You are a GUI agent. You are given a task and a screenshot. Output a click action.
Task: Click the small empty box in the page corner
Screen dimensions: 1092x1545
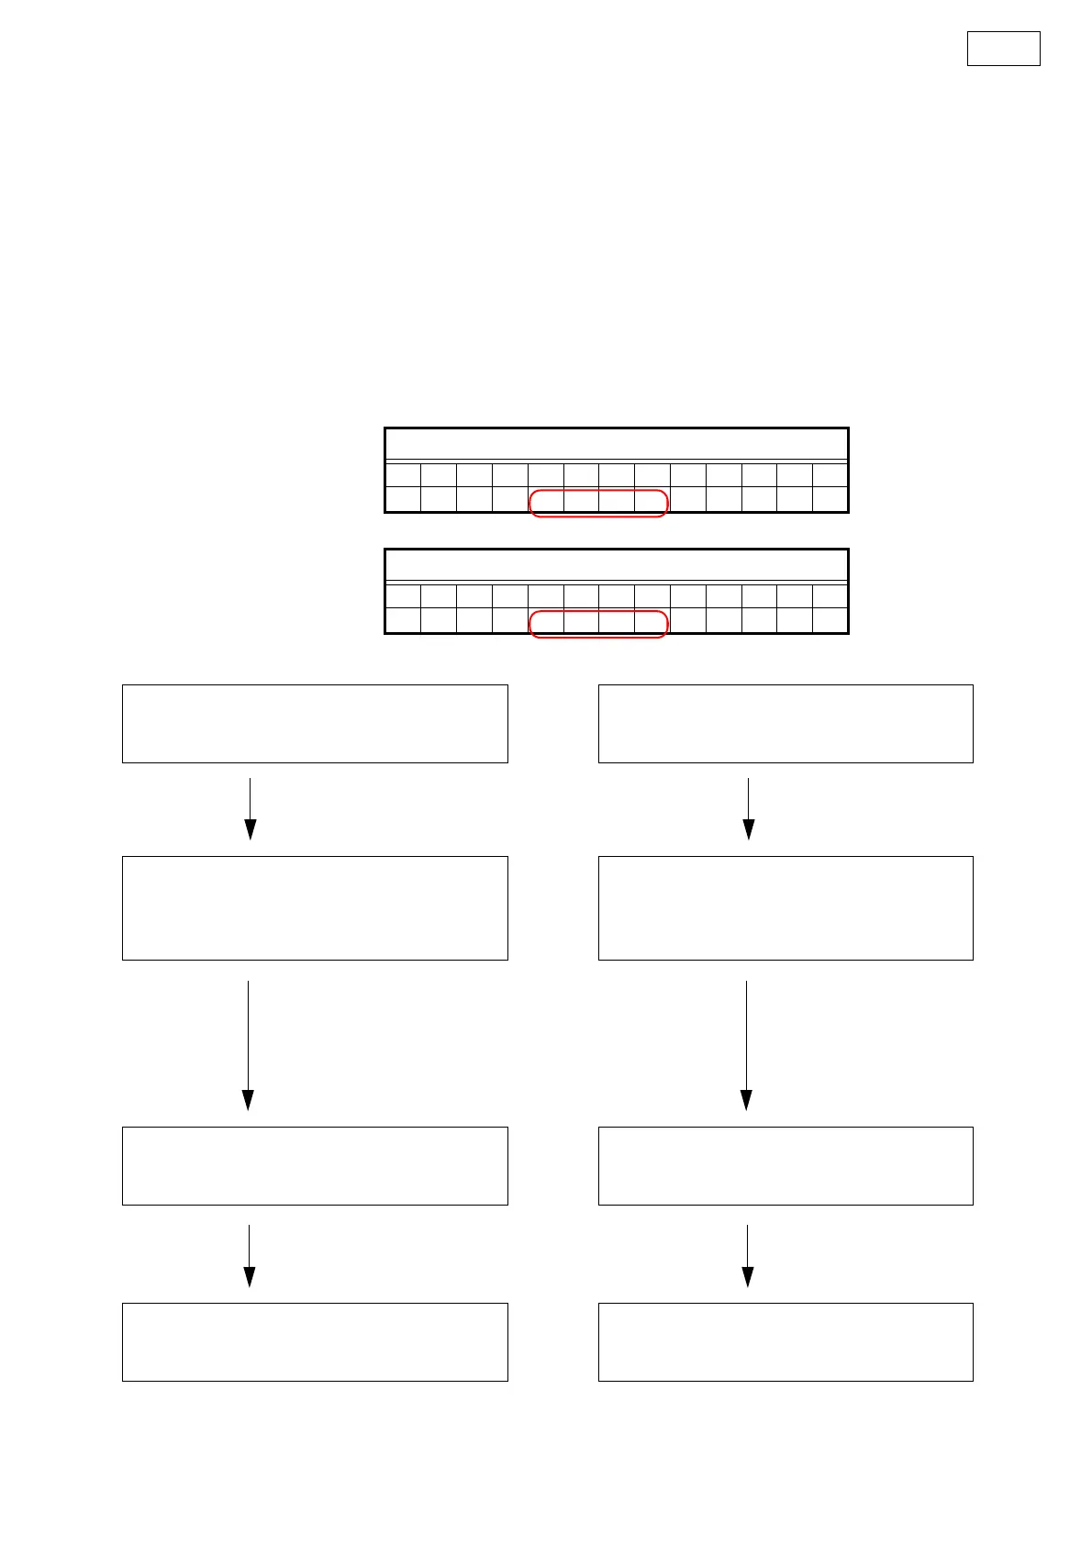pos(1003,49)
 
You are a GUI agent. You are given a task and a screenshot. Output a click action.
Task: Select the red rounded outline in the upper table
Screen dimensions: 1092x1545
pos(598,504)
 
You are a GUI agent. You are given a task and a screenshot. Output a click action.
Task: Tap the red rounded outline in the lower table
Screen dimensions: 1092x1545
pos(598,624)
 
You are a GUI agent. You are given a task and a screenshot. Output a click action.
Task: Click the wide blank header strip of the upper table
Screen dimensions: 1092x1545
pos(616,444)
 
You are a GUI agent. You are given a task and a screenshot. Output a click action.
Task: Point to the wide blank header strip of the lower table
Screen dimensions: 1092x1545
pos(616,565)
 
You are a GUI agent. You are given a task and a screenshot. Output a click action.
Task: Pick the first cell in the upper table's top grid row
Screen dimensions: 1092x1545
pos(403,475)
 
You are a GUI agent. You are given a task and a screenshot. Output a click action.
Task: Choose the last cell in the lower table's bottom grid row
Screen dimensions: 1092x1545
pos(830,620)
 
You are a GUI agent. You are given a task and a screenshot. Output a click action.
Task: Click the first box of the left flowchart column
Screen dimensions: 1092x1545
pos(315,723)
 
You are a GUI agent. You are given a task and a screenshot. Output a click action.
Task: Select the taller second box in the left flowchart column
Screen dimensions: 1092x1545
pos(315,908)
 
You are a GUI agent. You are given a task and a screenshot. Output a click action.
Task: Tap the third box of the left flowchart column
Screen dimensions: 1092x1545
pos(315,1166)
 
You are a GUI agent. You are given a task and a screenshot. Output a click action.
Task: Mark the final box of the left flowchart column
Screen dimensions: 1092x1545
pos(315,1342)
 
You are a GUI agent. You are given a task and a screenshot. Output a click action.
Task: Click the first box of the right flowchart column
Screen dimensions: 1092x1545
pos(786,723)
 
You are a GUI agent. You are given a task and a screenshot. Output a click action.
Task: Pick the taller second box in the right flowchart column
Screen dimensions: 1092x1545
pos(786,908)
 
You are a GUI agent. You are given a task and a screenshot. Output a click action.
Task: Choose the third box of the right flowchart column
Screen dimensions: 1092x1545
pos(786,1166)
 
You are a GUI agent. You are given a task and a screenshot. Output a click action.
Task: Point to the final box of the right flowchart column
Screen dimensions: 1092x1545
pos(786,1342)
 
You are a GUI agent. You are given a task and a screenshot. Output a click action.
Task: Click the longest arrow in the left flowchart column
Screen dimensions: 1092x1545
pos(248,1045)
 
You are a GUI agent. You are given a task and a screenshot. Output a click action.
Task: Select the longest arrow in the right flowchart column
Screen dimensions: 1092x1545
pos(746,1045)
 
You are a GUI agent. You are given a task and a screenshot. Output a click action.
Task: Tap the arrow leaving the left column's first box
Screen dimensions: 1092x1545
pos(250,808)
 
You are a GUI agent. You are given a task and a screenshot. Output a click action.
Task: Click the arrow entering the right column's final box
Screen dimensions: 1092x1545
pos(747,1255)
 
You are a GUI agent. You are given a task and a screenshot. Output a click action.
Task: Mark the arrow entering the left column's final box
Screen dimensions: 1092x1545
pos(249,1255)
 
